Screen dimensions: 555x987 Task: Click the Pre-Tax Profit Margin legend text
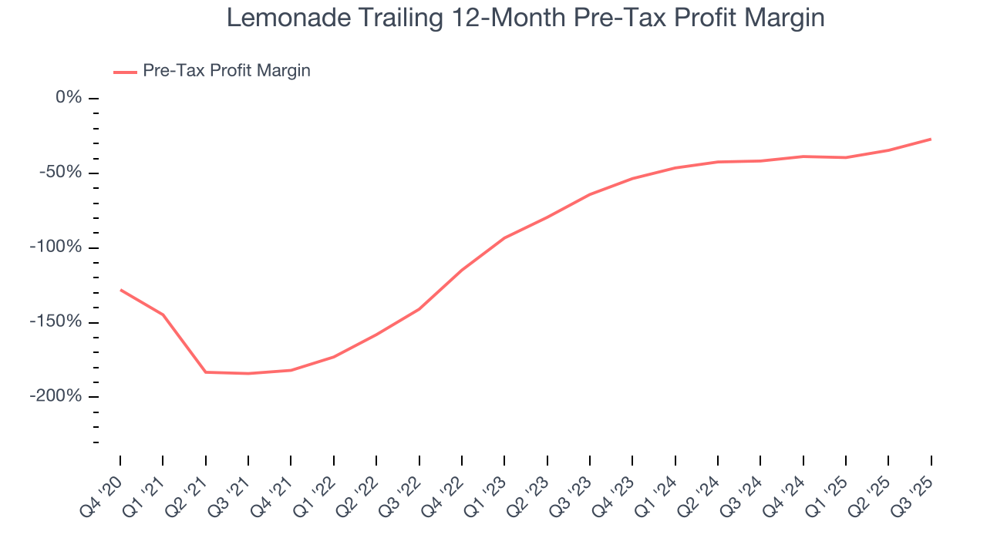tap(226, 71)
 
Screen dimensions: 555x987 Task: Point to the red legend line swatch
tap(125, 72)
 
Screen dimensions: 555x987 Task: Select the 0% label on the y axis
tap(68, 98)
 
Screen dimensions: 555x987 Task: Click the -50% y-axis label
tap(61, 172)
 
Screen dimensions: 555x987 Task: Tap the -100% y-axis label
tap(56, 247)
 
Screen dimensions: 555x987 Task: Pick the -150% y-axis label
tap(56, 321)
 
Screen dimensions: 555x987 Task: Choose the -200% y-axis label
tap(56, 396)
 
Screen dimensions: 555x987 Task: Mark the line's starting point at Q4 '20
tap(120, 290)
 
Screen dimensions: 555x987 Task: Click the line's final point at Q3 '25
tap(931, 139)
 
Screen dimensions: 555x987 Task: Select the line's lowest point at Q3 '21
tap(248, 373)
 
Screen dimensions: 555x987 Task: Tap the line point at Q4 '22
tap(462, 270)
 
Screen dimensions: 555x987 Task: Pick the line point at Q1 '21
tap(163, 314)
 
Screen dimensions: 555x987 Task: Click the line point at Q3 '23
tap(590, 194)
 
